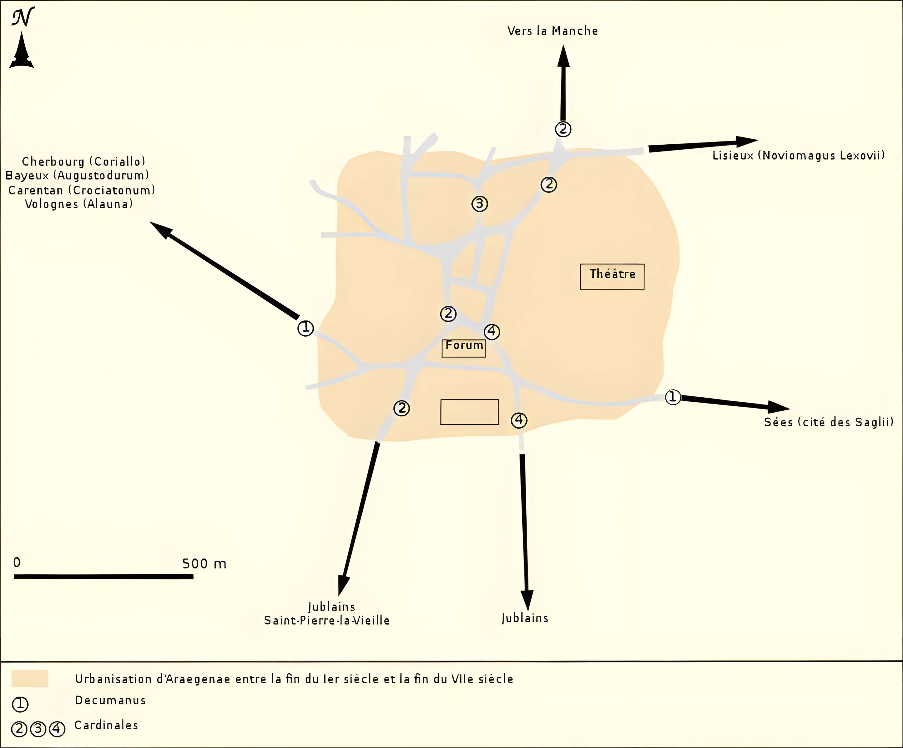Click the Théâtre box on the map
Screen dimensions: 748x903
(612, 276)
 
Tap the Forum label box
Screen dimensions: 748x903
(464, 348)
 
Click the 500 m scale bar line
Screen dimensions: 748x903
(103, 577)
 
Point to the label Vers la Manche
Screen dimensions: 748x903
(552, 31)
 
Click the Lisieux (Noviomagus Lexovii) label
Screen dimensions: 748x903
(798, 156)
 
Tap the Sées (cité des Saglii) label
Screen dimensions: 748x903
(828, 422)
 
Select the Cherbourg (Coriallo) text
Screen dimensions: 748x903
(84, 162)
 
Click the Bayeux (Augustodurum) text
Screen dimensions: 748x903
(77, 175)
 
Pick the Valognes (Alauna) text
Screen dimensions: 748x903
(79, 204)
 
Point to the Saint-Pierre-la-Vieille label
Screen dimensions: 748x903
(326, 620)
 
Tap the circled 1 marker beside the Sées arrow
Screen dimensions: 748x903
(673, 397)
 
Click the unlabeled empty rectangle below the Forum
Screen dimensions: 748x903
(469, 412)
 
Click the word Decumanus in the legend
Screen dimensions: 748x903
(110, 700)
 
